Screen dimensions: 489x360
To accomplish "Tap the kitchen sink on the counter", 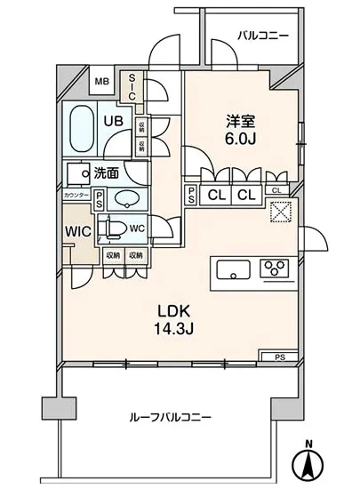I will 231,269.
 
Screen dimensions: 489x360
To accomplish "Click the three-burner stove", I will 276,269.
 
